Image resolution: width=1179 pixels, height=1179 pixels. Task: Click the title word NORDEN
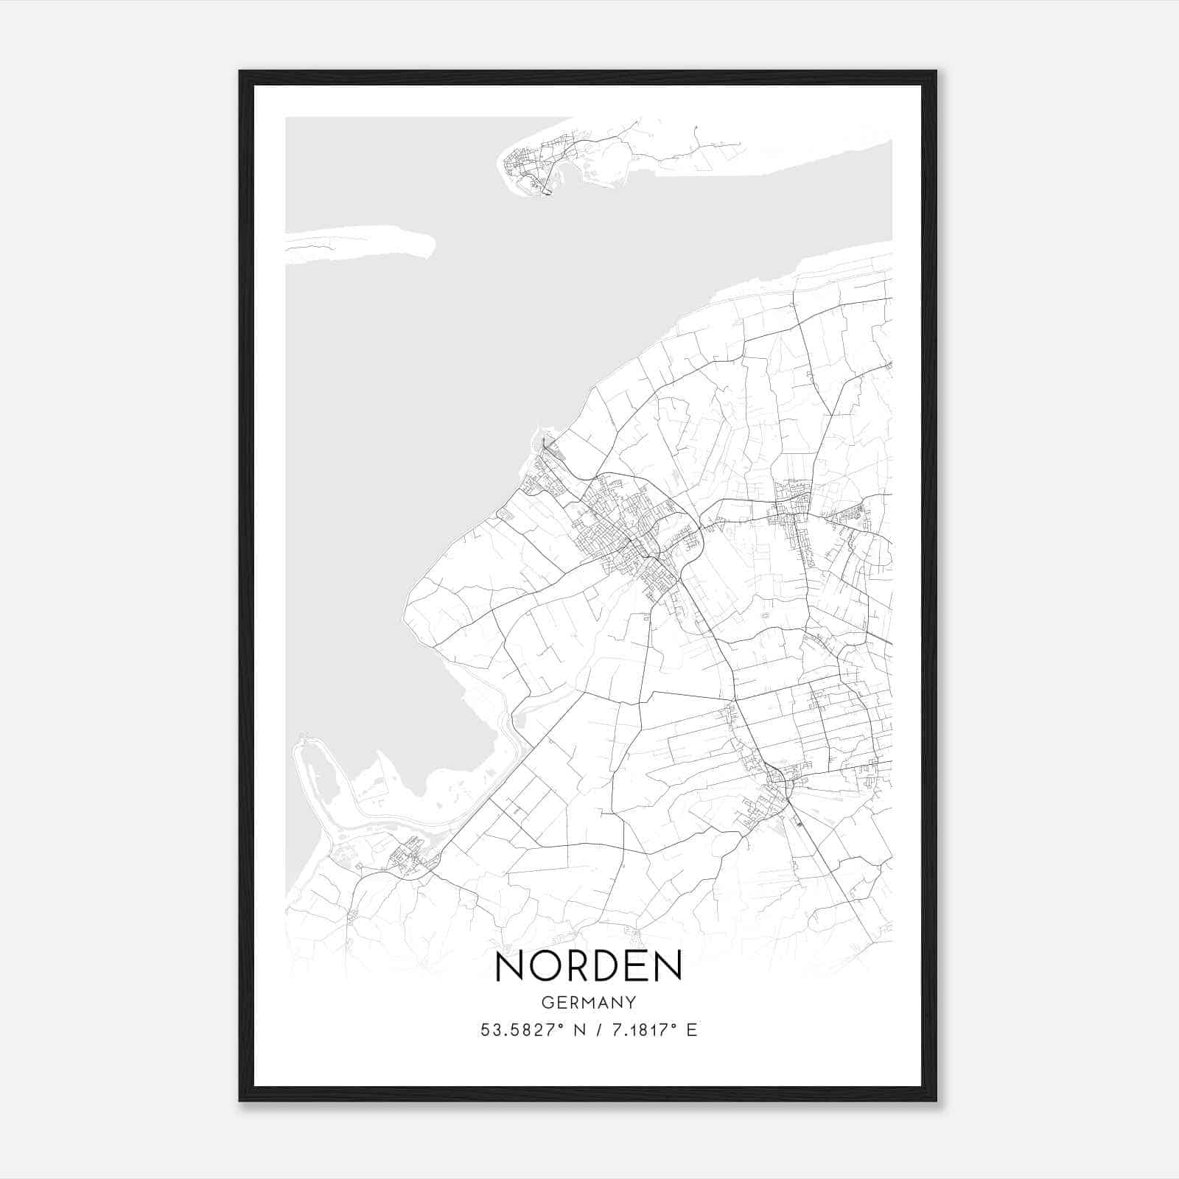[589, 966]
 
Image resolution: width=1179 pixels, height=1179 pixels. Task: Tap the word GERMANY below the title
[589, 1003]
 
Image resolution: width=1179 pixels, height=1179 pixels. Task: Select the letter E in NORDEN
[637, 966]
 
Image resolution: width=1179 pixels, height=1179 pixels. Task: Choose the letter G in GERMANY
[547, 1003]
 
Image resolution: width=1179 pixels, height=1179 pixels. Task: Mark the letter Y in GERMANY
[632, 1003]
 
